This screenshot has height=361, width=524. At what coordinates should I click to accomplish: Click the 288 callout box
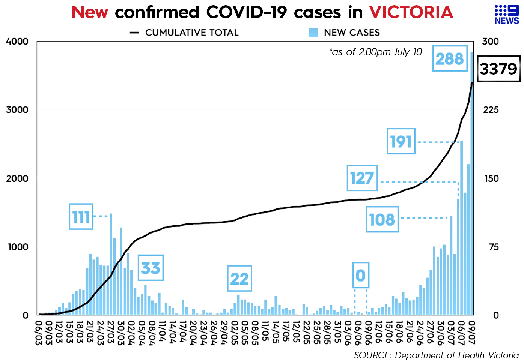tap(449, 58)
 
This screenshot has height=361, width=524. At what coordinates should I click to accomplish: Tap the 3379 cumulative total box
tap(498, 69)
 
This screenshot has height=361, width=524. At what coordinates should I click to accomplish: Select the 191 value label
tap(401, 142)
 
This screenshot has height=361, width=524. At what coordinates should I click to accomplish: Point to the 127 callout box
tap(362, 178)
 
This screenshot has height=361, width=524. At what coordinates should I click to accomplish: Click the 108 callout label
tap(382, 219)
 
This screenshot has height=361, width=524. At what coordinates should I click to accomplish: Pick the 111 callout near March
tap(81, 217)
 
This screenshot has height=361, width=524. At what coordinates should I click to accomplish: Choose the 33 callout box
tap(151, 268)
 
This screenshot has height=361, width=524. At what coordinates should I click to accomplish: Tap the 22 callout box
tap(239, 279)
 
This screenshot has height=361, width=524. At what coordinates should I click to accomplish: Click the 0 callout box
tap(360, 276)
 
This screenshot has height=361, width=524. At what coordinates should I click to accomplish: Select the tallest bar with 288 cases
tap(472, 184)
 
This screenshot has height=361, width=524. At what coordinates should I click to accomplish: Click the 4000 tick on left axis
tap(17, 41)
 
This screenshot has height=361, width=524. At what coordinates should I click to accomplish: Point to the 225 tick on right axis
tap(491, 110)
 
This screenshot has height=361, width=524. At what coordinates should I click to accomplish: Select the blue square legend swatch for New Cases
tap(313, 33)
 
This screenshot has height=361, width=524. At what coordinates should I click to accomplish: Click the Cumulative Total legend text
tap(191, 33)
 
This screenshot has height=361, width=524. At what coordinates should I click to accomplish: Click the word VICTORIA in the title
tap(411, 12)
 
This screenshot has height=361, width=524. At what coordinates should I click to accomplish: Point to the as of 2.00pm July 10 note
tap(376, 52)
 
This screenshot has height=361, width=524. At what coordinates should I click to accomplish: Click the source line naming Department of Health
tap(436, 355)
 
